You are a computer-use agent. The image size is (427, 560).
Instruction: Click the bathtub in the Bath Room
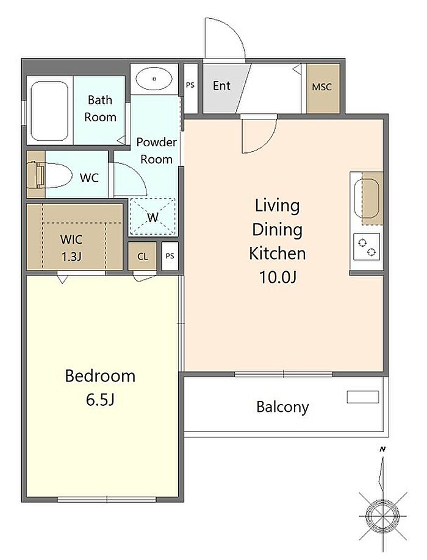(x=49, y=111)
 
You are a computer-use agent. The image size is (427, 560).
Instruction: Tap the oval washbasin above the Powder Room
(x=154, y=79)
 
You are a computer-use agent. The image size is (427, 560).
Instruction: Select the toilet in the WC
(x=49, y=175)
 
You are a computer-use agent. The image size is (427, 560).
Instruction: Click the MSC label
(x=321, y=87)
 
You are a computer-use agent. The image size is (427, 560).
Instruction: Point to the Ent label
(x=221, y=86)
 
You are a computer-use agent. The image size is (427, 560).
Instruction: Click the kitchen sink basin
(x=367, y=197)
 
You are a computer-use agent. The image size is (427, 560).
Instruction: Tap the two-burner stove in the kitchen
(x=367, y=247)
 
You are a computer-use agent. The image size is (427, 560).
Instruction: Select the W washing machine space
(x=152, y=217)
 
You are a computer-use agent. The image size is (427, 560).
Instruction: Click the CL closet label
(x=142, y=257)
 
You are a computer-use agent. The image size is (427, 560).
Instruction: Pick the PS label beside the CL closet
(x=170, y=256)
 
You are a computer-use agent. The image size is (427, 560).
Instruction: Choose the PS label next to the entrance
(x=190, y=85)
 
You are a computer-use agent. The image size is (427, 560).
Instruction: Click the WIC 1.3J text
(x=71, y=247)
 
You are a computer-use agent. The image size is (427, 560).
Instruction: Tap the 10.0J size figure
(x=278, y=277)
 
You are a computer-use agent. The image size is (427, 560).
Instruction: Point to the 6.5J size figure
(x=100, y=400)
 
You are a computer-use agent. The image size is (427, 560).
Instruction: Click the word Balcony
(x=282, y=407)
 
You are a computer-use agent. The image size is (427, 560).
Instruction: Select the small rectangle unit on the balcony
(x=362, y=397)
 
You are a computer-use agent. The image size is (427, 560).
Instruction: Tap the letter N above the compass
(x=382, y=449)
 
